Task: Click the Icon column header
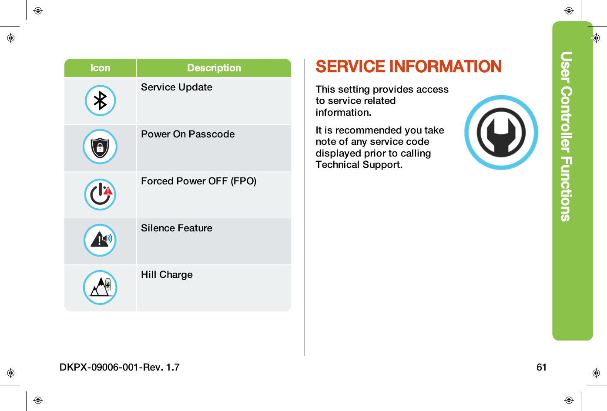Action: [100, 68]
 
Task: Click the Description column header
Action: [214, 68]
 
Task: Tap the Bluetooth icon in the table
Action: [100, 100]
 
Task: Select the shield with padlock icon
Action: [100, 147]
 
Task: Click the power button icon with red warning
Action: [100, 194]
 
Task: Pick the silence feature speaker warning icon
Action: [100, 240]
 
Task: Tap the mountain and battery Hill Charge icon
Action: [100, 287]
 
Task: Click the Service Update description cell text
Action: [177, 87]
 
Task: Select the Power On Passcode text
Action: [188, 134]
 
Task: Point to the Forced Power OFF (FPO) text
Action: [198, 181]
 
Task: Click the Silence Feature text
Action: [177, 228]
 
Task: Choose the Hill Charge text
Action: [167, 274]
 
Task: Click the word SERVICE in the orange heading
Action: [350, 67]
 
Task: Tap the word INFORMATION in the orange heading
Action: [446, 67]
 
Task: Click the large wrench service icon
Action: [501, 132]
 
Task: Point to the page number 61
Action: [541, 367]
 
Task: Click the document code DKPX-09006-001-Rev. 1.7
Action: [120, 367]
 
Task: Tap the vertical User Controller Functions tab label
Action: [566, 137]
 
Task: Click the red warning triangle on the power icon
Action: [108, 190]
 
